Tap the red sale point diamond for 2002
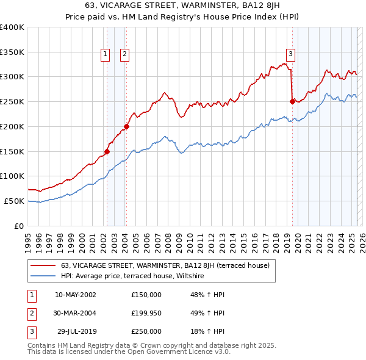point(107,151)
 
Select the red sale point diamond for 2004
point(126,126)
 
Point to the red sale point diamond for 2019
point(292,101)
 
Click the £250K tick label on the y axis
point(12,101)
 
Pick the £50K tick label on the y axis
point(15,201)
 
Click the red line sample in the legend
point(43,265)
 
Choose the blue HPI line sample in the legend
point(43,276)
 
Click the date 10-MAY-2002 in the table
point(75,295)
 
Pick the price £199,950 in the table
point(146,313)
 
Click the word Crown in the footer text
point(147,345)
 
